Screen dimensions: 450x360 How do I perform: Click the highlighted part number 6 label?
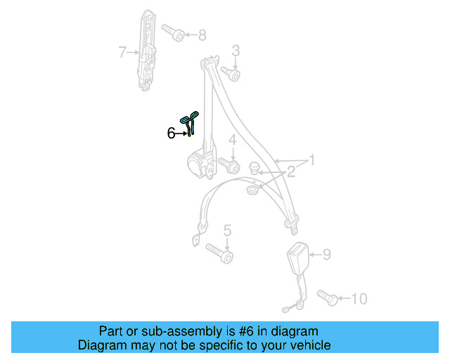171,134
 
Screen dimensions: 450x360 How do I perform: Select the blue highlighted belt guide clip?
189,122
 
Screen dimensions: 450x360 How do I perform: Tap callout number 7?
122,52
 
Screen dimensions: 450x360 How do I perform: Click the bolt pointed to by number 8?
174,32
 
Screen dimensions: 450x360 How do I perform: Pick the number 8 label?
202,35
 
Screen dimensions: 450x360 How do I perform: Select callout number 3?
236,51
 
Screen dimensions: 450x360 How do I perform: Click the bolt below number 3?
231,74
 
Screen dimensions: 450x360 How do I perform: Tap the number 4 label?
233,140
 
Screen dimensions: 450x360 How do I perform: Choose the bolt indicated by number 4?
230,166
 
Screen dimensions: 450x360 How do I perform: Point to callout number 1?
311,160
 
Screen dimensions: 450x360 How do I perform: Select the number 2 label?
291,172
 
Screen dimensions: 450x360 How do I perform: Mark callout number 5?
227,231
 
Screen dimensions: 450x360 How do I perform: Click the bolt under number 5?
220,253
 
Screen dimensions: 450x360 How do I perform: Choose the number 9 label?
327,255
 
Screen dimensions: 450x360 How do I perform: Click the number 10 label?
359,299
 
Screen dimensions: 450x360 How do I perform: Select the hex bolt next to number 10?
328,297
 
